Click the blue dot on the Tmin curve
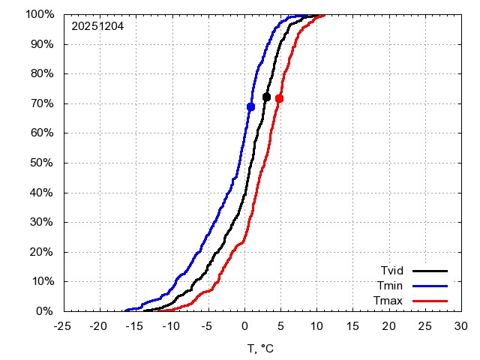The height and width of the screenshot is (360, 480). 250,107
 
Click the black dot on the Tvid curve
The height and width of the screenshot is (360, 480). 266,97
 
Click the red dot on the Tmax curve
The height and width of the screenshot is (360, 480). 280,98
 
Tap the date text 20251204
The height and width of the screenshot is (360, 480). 97,26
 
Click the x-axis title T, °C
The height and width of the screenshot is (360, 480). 262,348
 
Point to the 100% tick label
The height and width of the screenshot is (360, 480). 39,14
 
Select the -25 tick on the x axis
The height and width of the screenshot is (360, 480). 64,326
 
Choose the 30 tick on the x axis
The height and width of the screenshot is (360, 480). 461,326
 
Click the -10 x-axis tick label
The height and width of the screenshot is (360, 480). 172,326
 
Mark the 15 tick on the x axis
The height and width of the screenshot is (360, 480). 352,326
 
